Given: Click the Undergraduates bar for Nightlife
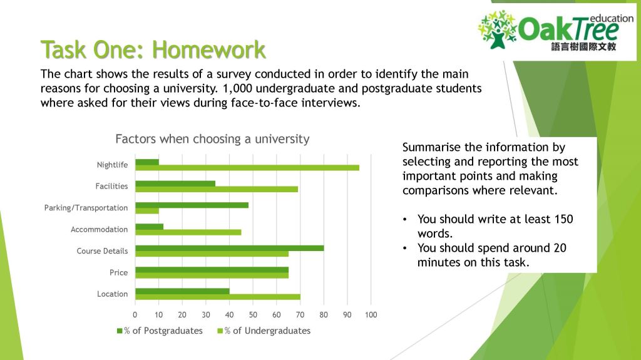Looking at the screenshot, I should [x=247, y=168].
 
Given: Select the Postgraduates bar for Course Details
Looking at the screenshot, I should [x=229, y=247].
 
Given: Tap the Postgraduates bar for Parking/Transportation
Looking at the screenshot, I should [x=192, y=205].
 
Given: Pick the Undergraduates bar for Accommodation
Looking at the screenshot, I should [x=188, y=232].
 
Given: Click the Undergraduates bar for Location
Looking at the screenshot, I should [x=217, y=297].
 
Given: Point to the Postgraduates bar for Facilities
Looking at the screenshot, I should [x=175, y=183].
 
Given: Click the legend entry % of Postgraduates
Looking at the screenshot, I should [x=160, y=331].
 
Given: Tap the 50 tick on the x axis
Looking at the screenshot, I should [x=253, y=314].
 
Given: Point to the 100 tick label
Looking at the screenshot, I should [x=371, y=314].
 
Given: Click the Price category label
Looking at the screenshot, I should [x=118, y=272].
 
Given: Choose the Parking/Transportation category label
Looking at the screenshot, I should [x=86, y=208].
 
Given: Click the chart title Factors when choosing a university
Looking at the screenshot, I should [x=212, y=139].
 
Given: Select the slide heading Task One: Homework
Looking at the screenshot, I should [x=153, y=49].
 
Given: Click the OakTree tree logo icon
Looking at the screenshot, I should [x=498, y=29].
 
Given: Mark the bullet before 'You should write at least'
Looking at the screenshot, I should [x=406, y=220].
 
